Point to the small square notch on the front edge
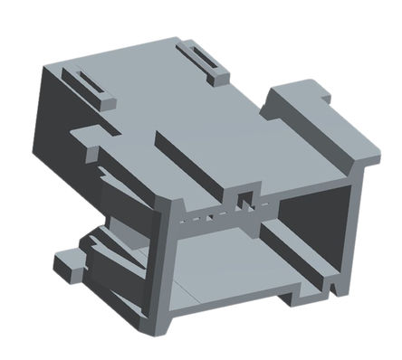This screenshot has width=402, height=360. [243, 197]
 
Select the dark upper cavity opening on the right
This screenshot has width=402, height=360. [312, 217]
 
